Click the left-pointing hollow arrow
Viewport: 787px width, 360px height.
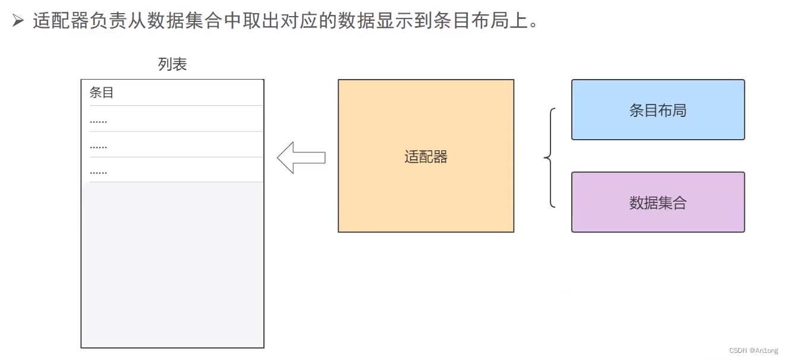point(301,157)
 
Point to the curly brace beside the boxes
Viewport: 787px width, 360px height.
point(550,158)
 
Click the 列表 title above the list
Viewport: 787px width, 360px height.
point(172,64)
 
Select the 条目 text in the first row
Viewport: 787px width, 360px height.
point(101,93)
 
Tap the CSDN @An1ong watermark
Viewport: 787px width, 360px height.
point(753,350)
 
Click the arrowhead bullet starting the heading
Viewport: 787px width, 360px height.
point(18,21)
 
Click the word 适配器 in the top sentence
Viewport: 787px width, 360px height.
point(61,21)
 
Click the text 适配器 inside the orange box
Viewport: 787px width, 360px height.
point(426,157)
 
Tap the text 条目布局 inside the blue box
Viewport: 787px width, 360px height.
point(658,110)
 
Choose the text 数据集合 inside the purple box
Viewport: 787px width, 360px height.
point(658,203)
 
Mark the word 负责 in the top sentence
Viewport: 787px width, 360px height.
point(109,21)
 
